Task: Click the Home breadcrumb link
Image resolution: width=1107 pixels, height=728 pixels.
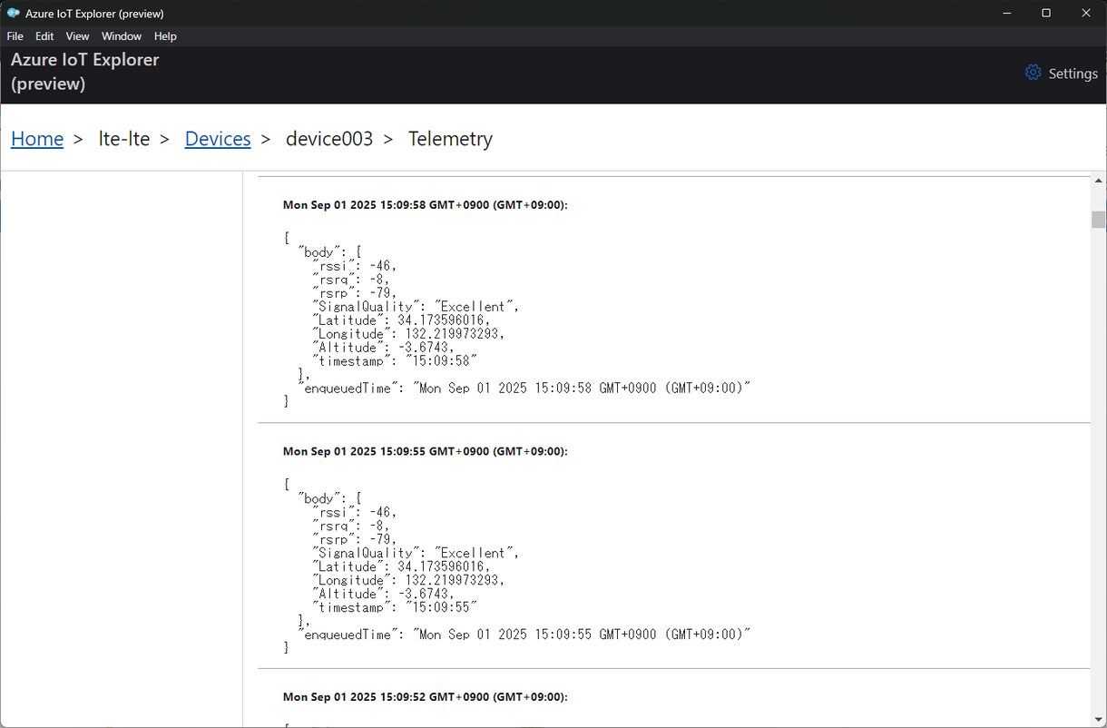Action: click(37, 139)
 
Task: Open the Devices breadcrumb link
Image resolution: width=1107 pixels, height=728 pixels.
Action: click(218, 139)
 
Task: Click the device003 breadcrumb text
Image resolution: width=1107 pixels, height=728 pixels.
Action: click(329, 139)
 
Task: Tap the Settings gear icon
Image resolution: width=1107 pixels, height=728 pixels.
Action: click(1033, 72)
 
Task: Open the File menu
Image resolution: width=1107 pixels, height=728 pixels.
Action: click(15, 36)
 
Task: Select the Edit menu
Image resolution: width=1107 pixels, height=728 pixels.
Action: click(44, 36)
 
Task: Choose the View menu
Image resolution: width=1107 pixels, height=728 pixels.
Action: click(78, 36)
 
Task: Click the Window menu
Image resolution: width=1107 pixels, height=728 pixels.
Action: click(122, 36)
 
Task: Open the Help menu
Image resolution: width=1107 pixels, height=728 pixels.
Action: click(165, 36)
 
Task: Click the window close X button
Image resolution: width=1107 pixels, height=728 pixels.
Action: click(1086, 13)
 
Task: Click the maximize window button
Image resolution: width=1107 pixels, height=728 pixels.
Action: click(1046, 13)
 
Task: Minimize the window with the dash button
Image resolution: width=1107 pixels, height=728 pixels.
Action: click(1007, 14)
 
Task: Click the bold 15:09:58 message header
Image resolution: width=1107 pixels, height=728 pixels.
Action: click(425, 204)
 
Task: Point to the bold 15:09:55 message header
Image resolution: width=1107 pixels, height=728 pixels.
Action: click(425, 451)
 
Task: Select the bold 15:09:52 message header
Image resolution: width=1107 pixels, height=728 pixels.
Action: click(425, 697)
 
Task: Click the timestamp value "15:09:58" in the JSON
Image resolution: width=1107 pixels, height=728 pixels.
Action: click(441, 360)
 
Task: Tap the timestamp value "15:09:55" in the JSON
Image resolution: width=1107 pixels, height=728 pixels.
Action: click(441, 607)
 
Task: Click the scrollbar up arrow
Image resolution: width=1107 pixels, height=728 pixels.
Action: click(1098, 181)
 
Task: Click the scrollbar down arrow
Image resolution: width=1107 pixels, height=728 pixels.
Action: click(1098, 720)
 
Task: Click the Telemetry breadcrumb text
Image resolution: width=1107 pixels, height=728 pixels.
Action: click(450, 139)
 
